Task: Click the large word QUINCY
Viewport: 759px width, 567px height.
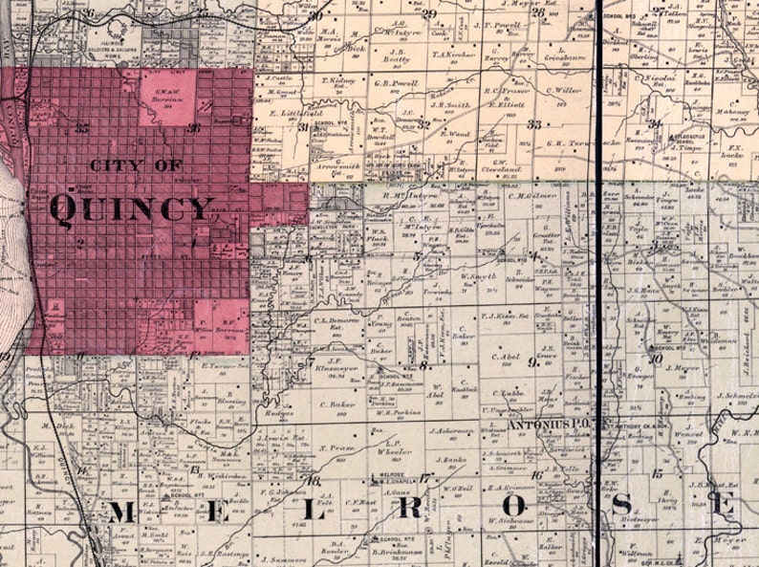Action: coord(131,207)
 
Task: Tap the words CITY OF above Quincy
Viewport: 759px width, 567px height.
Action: coord(136,166)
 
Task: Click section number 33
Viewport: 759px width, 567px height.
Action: coord(533,124)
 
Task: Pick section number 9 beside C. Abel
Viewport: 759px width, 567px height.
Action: coord(532,361)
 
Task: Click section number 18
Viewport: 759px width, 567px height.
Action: coord(311,479)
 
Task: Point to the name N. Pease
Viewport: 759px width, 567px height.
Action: coord(336,447)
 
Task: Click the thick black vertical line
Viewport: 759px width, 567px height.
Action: coord(599,287)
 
